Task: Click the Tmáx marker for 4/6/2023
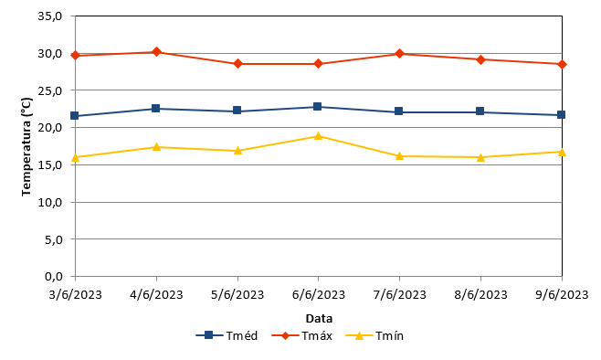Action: tap(156, 52)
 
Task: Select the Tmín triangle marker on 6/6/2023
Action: tap(318, 136)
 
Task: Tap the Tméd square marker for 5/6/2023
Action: tap(237, 111)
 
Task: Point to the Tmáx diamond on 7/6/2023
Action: tap(399, 54)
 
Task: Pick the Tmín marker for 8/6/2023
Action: tap(480, 157)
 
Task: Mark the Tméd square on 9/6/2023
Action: tap(561, 114)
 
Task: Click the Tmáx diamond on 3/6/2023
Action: tap(75, 56)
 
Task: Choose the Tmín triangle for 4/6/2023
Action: tap(156, 147)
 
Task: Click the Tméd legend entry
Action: tap(227, 336)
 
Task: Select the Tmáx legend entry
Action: tap(301, 336)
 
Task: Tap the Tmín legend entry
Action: tap(374, 336)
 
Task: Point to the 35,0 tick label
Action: tap(50, 16)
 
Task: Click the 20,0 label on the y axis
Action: tap(50, 128)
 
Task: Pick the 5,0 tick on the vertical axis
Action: tap(53, 239)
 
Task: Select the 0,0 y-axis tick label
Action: tap(53, 277)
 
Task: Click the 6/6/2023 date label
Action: tap(319, 294)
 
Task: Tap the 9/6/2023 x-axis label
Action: tap(562, 294)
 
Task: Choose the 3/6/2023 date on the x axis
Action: tap(76, 294)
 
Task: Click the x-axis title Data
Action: tap(319, 319)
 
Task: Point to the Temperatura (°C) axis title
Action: tap(26, 147)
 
